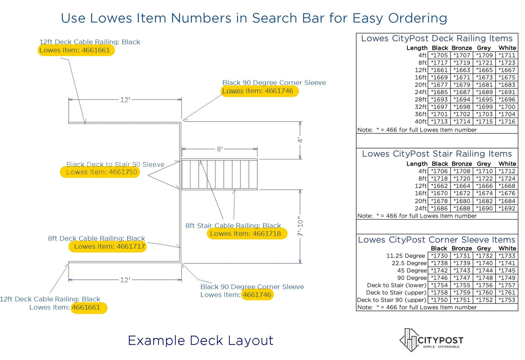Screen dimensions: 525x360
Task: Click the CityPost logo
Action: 431,340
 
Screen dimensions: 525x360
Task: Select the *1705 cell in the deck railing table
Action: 439,55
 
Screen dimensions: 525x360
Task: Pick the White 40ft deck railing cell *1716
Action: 507,121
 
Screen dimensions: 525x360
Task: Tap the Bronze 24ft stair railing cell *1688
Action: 462,209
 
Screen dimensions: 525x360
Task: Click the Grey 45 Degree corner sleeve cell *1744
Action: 484,271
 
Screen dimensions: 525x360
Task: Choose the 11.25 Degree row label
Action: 405,256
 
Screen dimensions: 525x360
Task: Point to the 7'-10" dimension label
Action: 300,226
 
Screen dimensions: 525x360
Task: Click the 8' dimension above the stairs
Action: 219,149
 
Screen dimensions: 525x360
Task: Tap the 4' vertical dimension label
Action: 300,140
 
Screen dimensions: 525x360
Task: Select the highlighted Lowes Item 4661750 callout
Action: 100,172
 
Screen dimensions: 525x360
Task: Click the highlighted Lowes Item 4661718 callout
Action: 247,234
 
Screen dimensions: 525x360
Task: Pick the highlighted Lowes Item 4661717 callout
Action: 108,247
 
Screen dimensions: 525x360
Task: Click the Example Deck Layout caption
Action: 201,340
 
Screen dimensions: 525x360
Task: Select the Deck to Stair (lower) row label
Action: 396,285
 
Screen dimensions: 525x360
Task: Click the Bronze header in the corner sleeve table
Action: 462,248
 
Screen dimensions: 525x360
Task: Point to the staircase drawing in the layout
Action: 219,174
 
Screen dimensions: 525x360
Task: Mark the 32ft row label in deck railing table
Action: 421,107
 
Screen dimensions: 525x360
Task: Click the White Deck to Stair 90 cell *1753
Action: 507,300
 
